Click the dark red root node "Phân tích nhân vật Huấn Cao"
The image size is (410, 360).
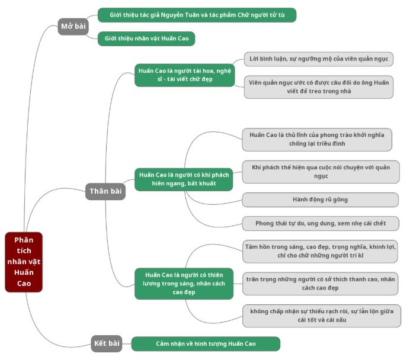(24, 262)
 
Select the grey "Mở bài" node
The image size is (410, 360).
(73, 26)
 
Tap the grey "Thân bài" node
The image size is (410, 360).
(106, 191)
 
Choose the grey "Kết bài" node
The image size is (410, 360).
(107, 343)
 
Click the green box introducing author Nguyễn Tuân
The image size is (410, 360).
(197, 15)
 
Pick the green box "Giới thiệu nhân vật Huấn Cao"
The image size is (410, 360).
(146, 38)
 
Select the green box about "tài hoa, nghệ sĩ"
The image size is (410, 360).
(184, 75)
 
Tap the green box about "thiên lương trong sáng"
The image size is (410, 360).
(184, 283)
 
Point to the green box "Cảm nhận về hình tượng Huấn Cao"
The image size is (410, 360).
(206, 343)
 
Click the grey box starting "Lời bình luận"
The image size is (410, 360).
(318, 60)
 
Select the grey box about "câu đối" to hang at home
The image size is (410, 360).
(318, 87)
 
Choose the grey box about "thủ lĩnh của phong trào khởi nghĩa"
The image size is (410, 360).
(317, 140)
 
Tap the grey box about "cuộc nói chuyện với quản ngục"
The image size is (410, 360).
(321, 172)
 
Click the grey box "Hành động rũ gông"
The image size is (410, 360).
(320, 200)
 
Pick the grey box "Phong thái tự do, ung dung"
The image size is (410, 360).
(320, 223)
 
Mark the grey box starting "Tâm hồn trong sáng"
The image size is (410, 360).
(320, 251)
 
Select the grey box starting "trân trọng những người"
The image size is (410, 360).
(321, 283)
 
